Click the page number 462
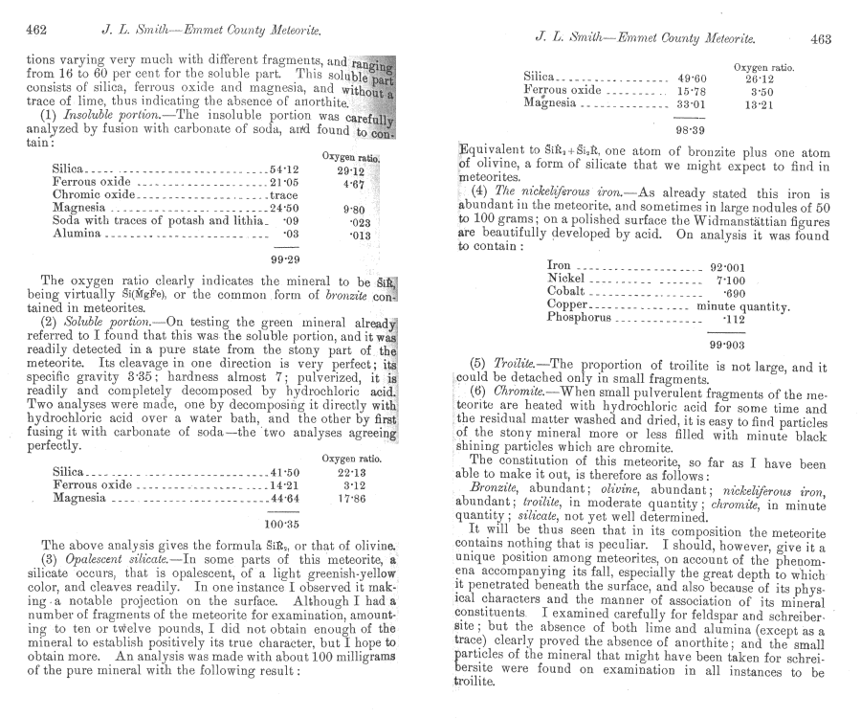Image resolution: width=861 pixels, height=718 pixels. coord(37,30)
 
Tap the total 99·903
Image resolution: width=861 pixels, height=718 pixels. coord(729,344)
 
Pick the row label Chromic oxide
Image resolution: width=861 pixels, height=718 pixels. coord(94,194)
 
